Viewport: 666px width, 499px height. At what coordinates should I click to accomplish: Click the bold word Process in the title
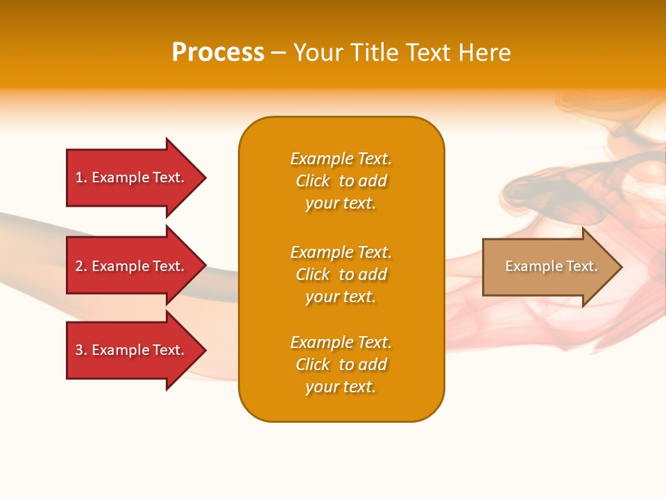click(218, 53)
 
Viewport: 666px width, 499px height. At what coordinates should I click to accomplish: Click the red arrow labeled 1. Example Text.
click(132, 177)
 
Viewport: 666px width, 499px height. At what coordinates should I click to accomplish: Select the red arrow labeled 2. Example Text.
click(132, 266)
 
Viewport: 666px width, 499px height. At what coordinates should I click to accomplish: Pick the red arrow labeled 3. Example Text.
click(132, 350)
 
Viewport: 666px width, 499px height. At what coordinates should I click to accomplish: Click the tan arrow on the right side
click(548, 267)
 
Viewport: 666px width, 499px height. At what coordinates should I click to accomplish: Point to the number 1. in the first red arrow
click(81, 177)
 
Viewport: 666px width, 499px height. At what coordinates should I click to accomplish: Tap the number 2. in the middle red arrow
click(81, 266)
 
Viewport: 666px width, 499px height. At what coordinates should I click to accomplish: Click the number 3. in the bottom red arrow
click(81, 350)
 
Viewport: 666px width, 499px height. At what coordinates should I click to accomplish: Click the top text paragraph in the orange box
click(341, 181)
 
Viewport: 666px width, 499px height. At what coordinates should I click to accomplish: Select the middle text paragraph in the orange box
click(341, 274)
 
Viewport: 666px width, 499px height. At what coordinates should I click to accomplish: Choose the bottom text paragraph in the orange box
click(341, 365)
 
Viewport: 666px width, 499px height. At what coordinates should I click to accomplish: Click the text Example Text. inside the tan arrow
click(551, 266)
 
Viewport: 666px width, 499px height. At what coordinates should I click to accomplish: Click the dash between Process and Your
click(278, 53)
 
